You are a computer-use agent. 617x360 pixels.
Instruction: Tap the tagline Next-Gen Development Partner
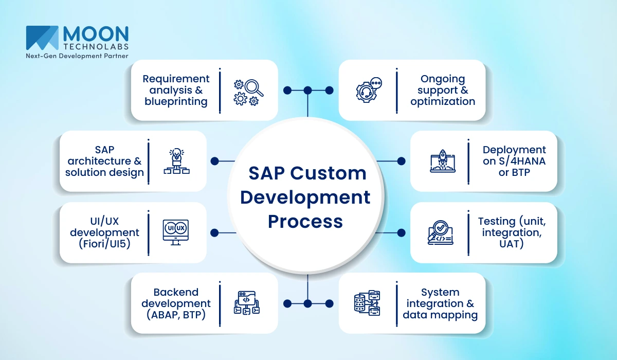pos(77,56)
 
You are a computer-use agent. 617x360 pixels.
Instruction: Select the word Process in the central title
pos(305,221)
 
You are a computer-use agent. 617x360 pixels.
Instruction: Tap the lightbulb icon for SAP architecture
pos(176,161)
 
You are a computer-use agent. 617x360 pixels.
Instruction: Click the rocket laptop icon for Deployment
pos(443,161)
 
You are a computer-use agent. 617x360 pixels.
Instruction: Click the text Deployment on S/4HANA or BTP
pos(514,161)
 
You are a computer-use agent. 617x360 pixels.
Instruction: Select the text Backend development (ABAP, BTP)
pos(176,303)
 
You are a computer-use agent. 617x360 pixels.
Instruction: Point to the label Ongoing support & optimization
pos(443,90)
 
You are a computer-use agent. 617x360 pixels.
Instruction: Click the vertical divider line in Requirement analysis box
pos(220,90)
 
